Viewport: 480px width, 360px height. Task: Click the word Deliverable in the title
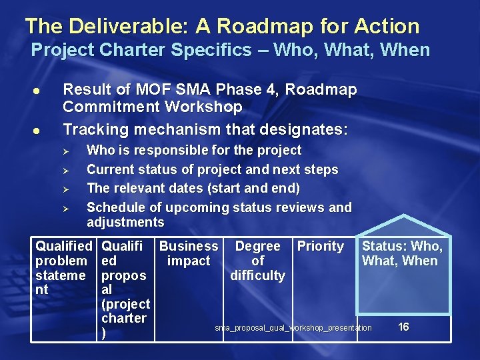point(127,27)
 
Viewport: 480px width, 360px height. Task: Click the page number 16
point(403,327)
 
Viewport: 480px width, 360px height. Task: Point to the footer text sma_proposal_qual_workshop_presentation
point(293,328)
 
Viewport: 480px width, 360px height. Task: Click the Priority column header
point(321,247)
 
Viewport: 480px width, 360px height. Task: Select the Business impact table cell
point(189,254)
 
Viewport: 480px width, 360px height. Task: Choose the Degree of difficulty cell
point(258,261)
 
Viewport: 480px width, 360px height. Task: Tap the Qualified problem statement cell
point(63,268)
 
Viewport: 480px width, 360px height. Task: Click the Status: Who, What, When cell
point(401,254)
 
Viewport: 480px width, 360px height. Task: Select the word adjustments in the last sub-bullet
point(125,222)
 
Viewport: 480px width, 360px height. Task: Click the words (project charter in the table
point(125,311)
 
